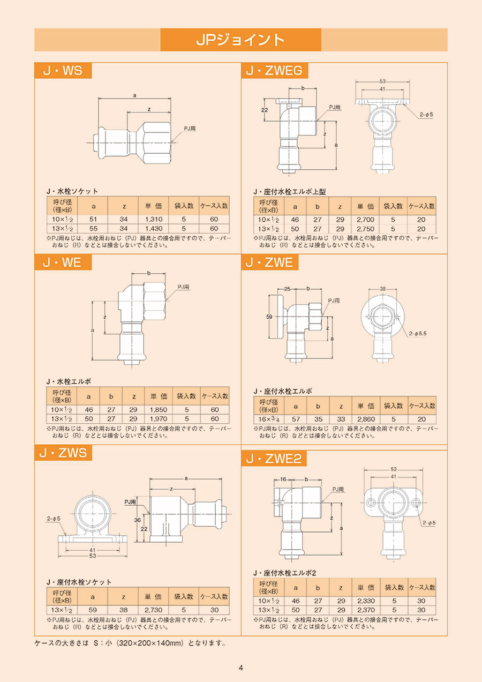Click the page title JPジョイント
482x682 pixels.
[240, 40]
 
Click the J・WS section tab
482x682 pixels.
[63, 71]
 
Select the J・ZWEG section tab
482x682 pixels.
[274, 71]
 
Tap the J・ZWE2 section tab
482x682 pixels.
[274, 458]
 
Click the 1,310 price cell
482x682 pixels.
[154, 219]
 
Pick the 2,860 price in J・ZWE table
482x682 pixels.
[366, 419]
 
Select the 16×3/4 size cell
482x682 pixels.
[269, 419]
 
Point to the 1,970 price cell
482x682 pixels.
[159, 418]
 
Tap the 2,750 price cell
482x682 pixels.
[365, 229]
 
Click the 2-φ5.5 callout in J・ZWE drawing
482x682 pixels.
[418, 333]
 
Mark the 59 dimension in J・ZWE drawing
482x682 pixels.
[269, 317]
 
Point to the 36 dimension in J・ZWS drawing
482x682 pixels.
[138, 520]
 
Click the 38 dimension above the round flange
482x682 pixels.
[383, 289]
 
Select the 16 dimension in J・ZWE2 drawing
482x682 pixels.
[283, 479]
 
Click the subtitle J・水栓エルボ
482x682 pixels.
[69, 381]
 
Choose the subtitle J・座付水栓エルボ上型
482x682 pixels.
[289, 191]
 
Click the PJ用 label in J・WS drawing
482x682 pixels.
[190, 129]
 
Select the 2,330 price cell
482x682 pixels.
[366, 601]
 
